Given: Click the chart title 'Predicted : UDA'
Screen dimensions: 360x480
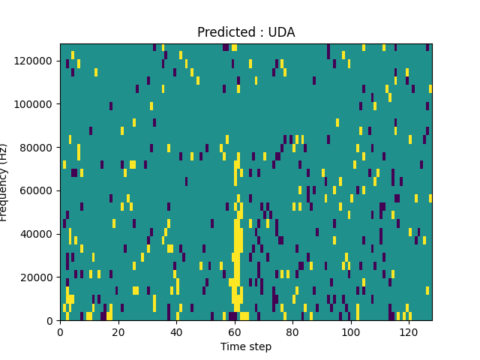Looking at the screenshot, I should [246, 32].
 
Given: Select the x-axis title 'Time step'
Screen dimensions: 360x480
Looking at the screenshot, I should [246, 346].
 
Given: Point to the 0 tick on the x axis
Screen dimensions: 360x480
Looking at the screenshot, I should [60, 331].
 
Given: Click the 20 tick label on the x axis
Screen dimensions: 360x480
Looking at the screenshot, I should [118, 331].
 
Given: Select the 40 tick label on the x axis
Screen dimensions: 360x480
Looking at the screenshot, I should [176, 331].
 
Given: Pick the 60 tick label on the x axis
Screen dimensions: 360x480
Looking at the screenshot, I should [234, 331].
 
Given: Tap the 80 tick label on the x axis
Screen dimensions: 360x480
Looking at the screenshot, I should [292, 331].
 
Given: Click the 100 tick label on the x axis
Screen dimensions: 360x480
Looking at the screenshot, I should [350, 331].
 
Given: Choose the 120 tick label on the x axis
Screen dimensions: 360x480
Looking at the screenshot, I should [409, 331].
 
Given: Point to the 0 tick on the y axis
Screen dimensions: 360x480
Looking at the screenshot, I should [50, 321].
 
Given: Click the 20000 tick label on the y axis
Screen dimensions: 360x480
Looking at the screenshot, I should [37, 277].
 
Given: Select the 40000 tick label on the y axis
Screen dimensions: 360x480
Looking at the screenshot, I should [37, 234].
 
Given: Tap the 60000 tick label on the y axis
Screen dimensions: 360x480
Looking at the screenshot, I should [37, 190].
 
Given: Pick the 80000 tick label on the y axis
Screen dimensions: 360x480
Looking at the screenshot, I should [37, 147].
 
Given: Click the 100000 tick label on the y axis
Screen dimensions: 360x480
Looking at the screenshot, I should [34, 103].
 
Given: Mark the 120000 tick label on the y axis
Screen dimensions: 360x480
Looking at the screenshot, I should [34, 60].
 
